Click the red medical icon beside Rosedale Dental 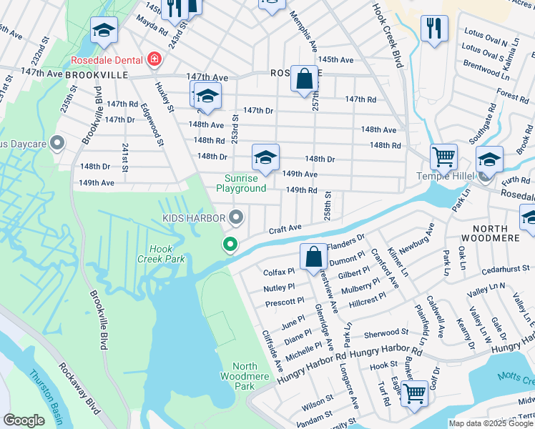tap(152, 59)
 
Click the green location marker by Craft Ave tap(230, 245)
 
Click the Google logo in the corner tap(24, 420)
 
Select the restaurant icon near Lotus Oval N tap(435, 29)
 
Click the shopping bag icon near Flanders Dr tap(313, 256)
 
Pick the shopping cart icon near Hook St tap(414, 393)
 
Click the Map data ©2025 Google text tap(491, 423)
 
